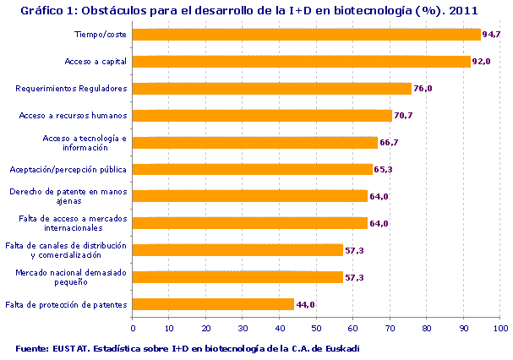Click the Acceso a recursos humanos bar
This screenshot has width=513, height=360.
click(263, 116)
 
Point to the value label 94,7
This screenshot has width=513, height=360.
click(492, 35)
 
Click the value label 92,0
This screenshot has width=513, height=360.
click(482, 62)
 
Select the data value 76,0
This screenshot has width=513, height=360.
click(423, 89)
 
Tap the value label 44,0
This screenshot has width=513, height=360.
click(305, 304)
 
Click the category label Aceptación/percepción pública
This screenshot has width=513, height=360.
click(68, 169)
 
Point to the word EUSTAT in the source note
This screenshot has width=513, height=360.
click(74, 348)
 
